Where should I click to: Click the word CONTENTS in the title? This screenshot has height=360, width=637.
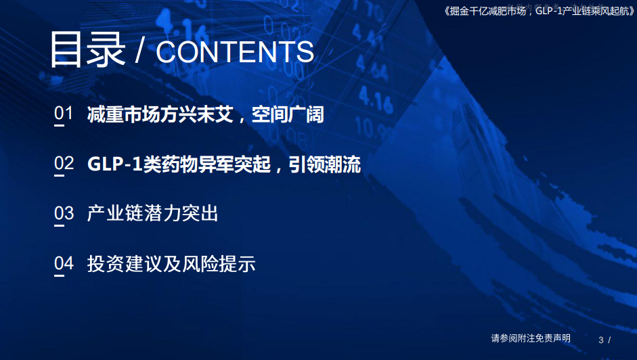point(235,51)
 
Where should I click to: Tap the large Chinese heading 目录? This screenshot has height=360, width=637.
point(87,49)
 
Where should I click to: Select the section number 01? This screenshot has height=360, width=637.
point(64,113)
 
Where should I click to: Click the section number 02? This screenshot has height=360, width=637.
point(64,163)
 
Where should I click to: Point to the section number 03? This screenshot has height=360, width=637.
point(64,213)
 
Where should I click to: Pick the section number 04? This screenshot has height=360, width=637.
point(64,263)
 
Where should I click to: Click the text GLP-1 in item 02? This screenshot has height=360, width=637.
point(115,164)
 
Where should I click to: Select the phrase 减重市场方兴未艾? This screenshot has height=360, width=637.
point(160,114)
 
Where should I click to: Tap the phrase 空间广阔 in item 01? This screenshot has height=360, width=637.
point(288,114)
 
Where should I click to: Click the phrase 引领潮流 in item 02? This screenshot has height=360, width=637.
point(325,164)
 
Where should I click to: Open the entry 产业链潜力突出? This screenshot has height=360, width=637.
point(152,214)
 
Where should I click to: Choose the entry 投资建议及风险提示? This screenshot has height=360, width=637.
point(171,264)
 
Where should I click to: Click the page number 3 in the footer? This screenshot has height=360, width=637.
point(601,340)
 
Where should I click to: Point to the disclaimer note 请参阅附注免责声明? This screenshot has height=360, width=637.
point(531,338)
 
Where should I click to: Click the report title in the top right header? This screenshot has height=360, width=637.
point(539,11)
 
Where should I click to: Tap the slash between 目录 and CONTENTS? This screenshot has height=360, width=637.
point(139,51)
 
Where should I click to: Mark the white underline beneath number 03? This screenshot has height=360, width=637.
point(60,225)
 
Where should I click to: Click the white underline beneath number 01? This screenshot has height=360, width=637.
point(60,126)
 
